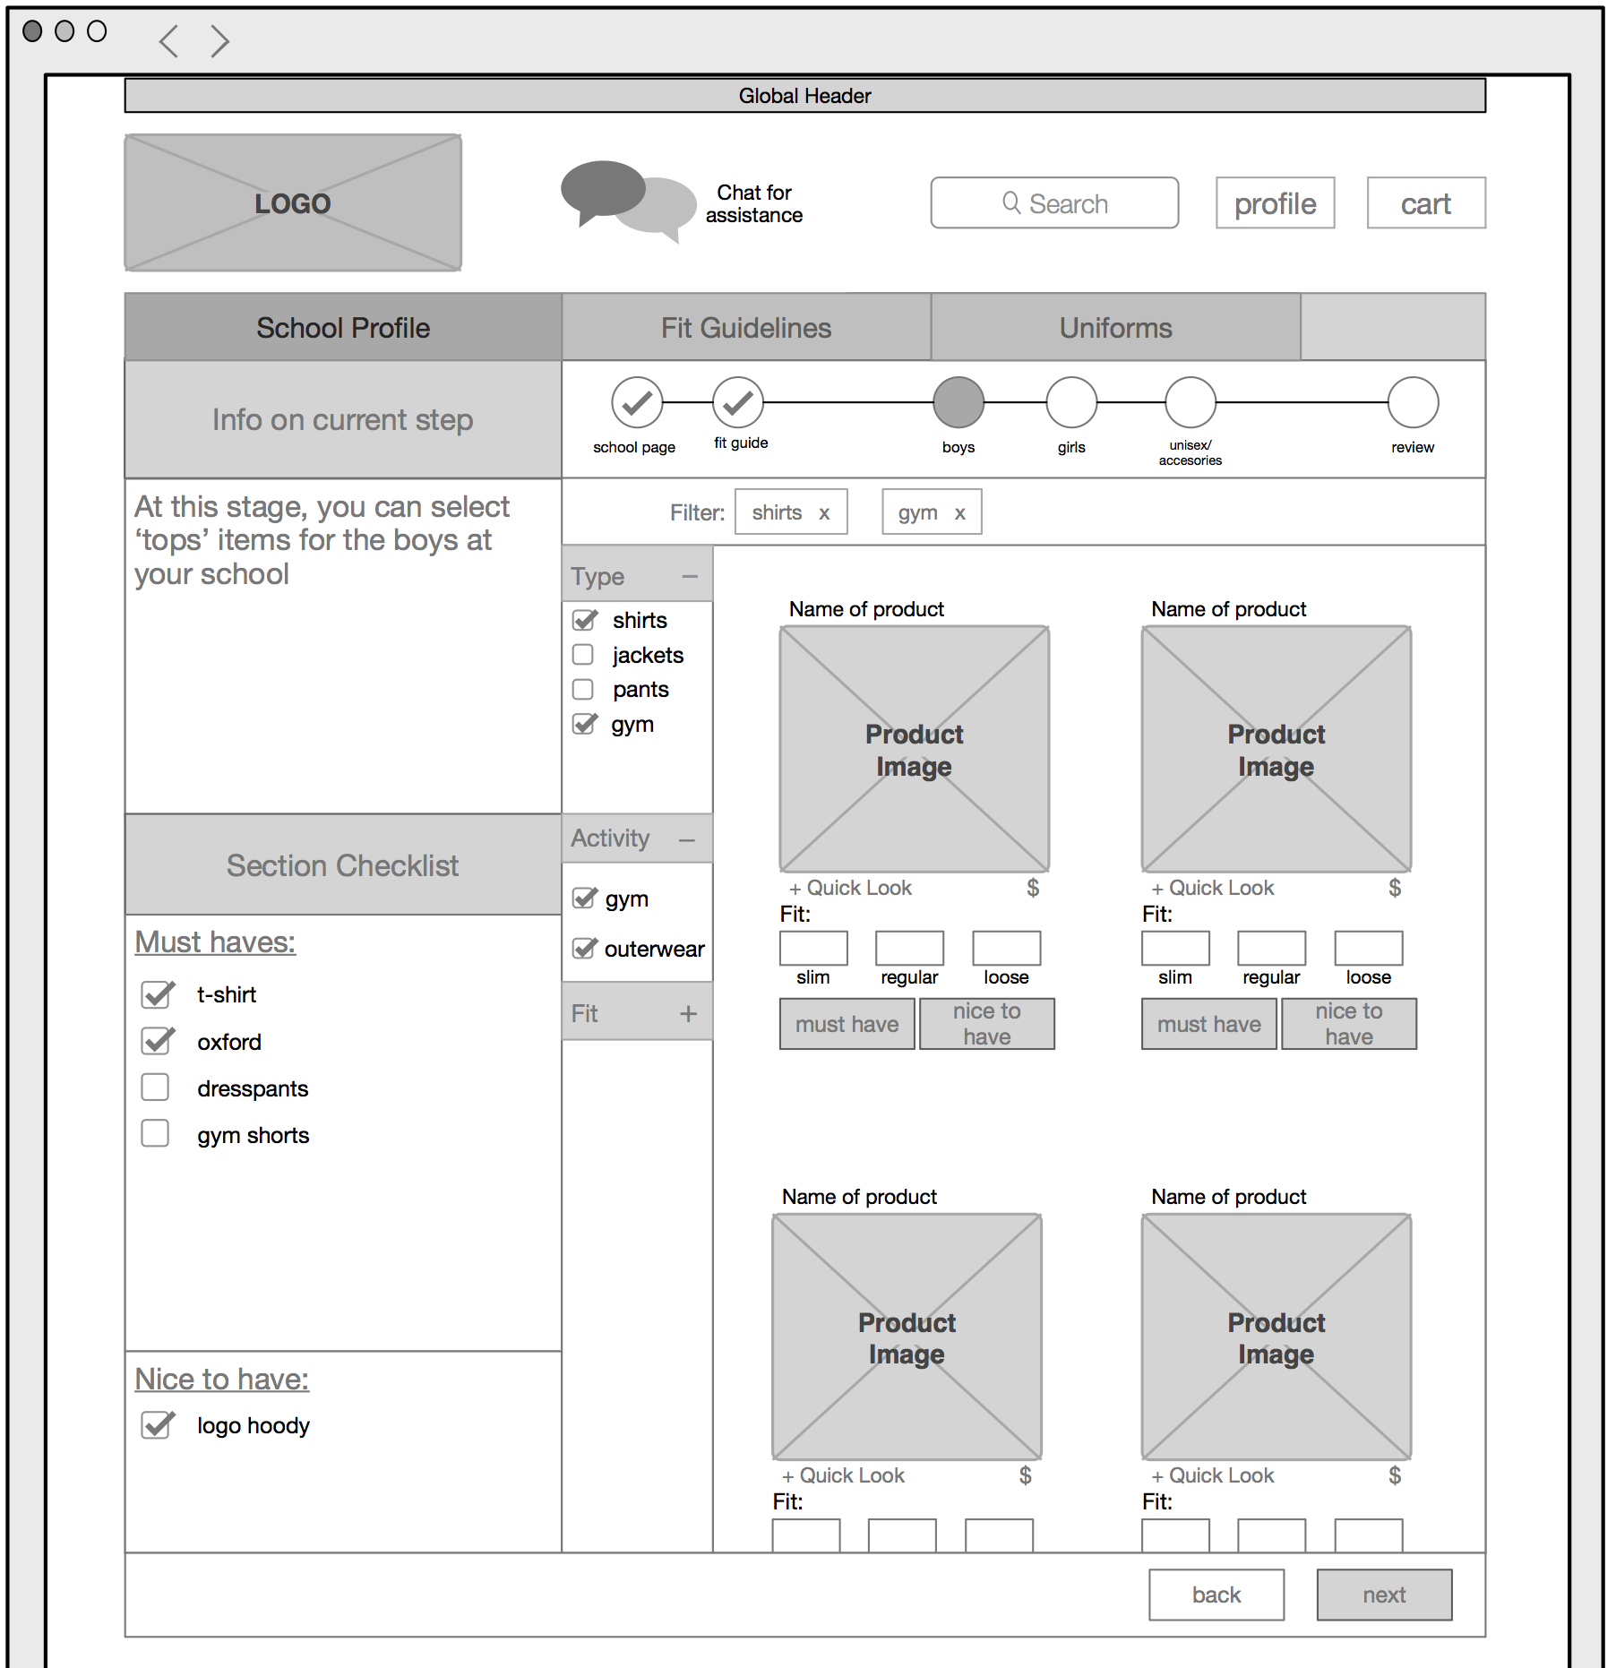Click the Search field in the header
coord(1054,203)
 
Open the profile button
coord(1275,203)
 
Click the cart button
coord(1425,203)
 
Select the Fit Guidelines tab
coord(745,328)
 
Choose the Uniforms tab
coord(1115,328)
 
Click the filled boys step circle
coord(958,402)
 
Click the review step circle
coord(1413,402)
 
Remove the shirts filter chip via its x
coord(824,513)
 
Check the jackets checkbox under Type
coord(583,655)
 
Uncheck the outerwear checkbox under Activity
coord(584,949)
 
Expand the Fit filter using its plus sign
coord(688,1013)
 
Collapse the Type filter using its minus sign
coord(689,576)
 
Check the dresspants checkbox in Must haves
coord(155,1088)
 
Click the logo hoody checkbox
coord(157,1424)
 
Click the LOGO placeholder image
coord(293,203)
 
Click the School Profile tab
coord(343,328)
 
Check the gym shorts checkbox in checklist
coord(155,1134)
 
